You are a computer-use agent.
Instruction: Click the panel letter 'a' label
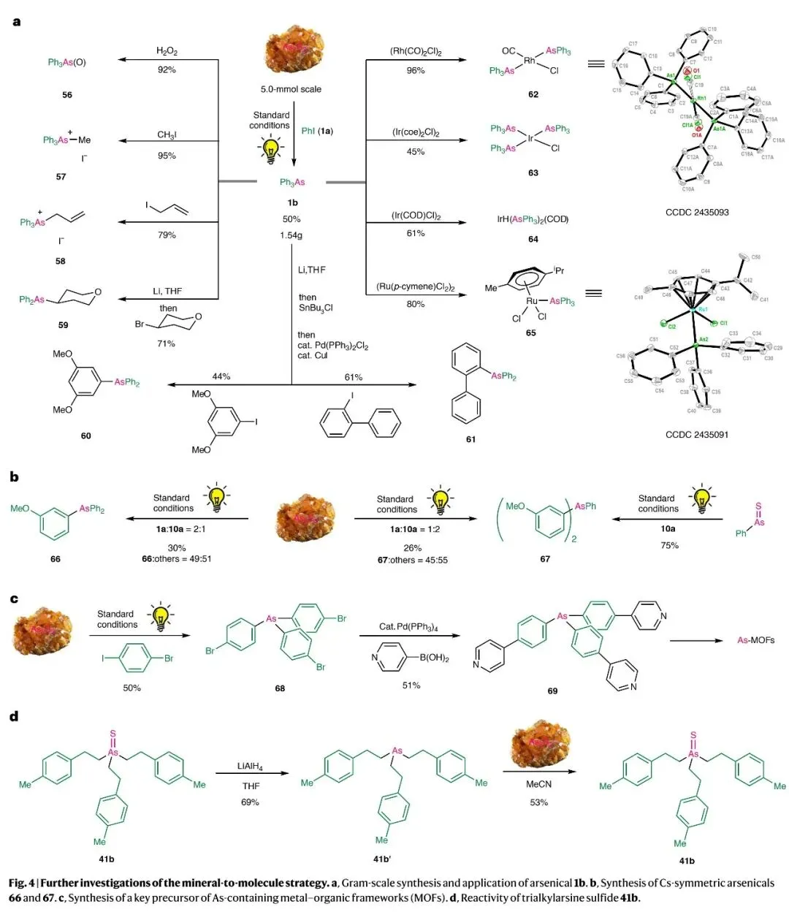(17, 22)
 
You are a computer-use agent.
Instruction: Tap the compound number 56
(67, 95)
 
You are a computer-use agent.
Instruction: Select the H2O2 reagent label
(167, 51)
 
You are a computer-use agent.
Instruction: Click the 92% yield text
(167, 70)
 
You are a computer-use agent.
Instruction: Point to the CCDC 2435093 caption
(696, 213)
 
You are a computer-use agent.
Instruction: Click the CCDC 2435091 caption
(696, 435)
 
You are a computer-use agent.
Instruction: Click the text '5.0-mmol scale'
(291, 90)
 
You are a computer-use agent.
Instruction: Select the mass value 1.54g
(291, 235)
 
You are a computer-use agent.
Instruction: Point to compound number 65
(531, 333)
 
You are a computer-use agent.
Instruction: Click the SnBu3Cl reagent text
(316, 308)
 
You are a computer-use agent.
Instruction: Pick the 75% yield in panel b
(669, 545)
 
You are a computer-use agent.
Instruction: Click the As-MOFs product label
(755, 640)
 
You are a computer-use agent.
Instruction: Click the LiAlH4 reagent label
(250, 767)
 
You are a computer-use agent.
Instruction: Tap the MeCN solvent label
(539, 784)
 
